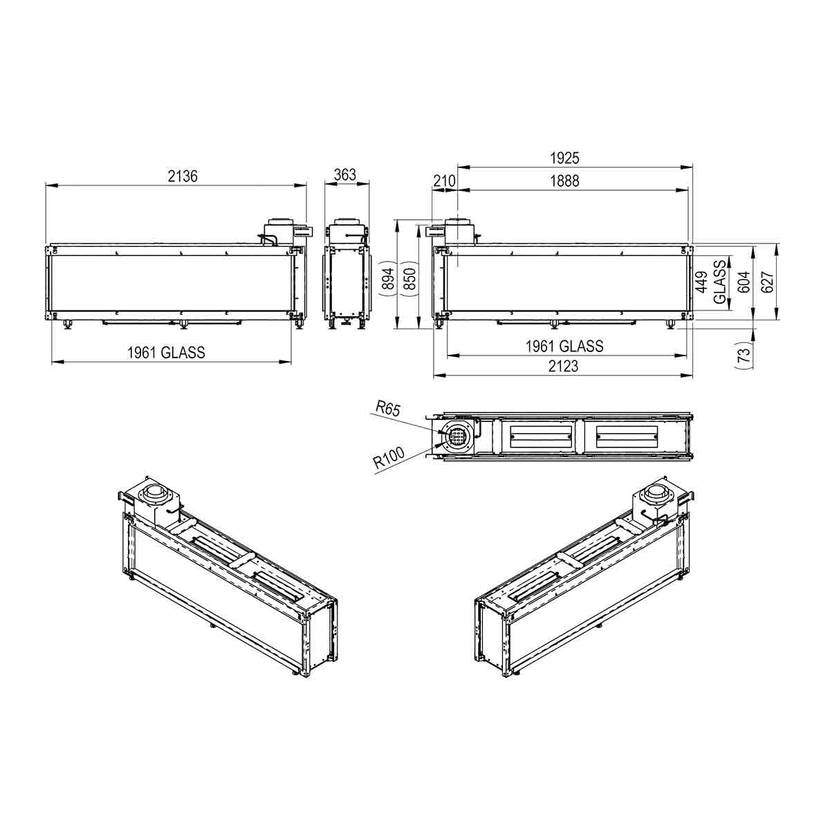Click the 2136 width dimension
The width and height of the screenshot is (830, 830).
tap(183, 176)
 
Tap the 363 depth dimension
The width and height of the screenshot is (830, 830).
tap(344, 174)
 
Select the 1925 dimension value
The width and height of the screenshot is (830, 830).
tap(564, 158)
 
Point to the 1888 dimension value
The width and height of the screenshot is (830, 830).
tap(564, 181)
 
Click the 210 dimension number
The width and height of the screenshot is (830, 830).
tap(444, 181)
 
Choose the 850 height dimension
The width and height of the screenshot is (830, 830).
tap(409, 279)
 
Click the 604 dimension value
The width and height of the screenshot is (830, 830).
tap(744, 282)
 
